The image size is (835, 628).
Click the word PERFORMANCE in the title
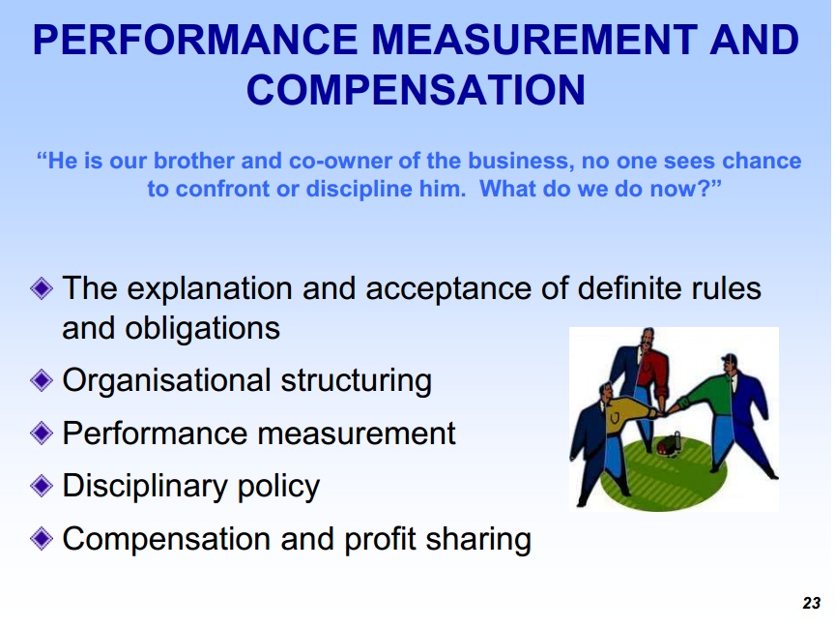[x=195, y=40]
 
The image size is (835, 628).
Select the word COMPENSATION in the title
[x=416, y=90]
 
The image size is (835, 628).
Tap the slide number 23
[x=811, y=603]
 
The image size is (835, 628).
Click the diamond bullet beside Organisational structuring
[x=42, y=380]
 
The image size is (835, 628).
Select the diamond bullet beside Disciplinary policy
[x=42, y=486]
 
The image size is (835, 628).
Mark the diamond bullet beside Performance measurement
[x=42, y=433]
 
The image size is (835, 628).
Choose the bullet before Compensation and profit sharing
[x=42, y=538]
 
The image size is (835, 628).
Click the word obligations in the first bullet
[x=202, y=328]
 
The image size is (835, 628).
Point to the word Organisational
[x=166, y=380]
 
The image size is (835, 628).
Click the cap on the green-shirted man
[x=729, y=358]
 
